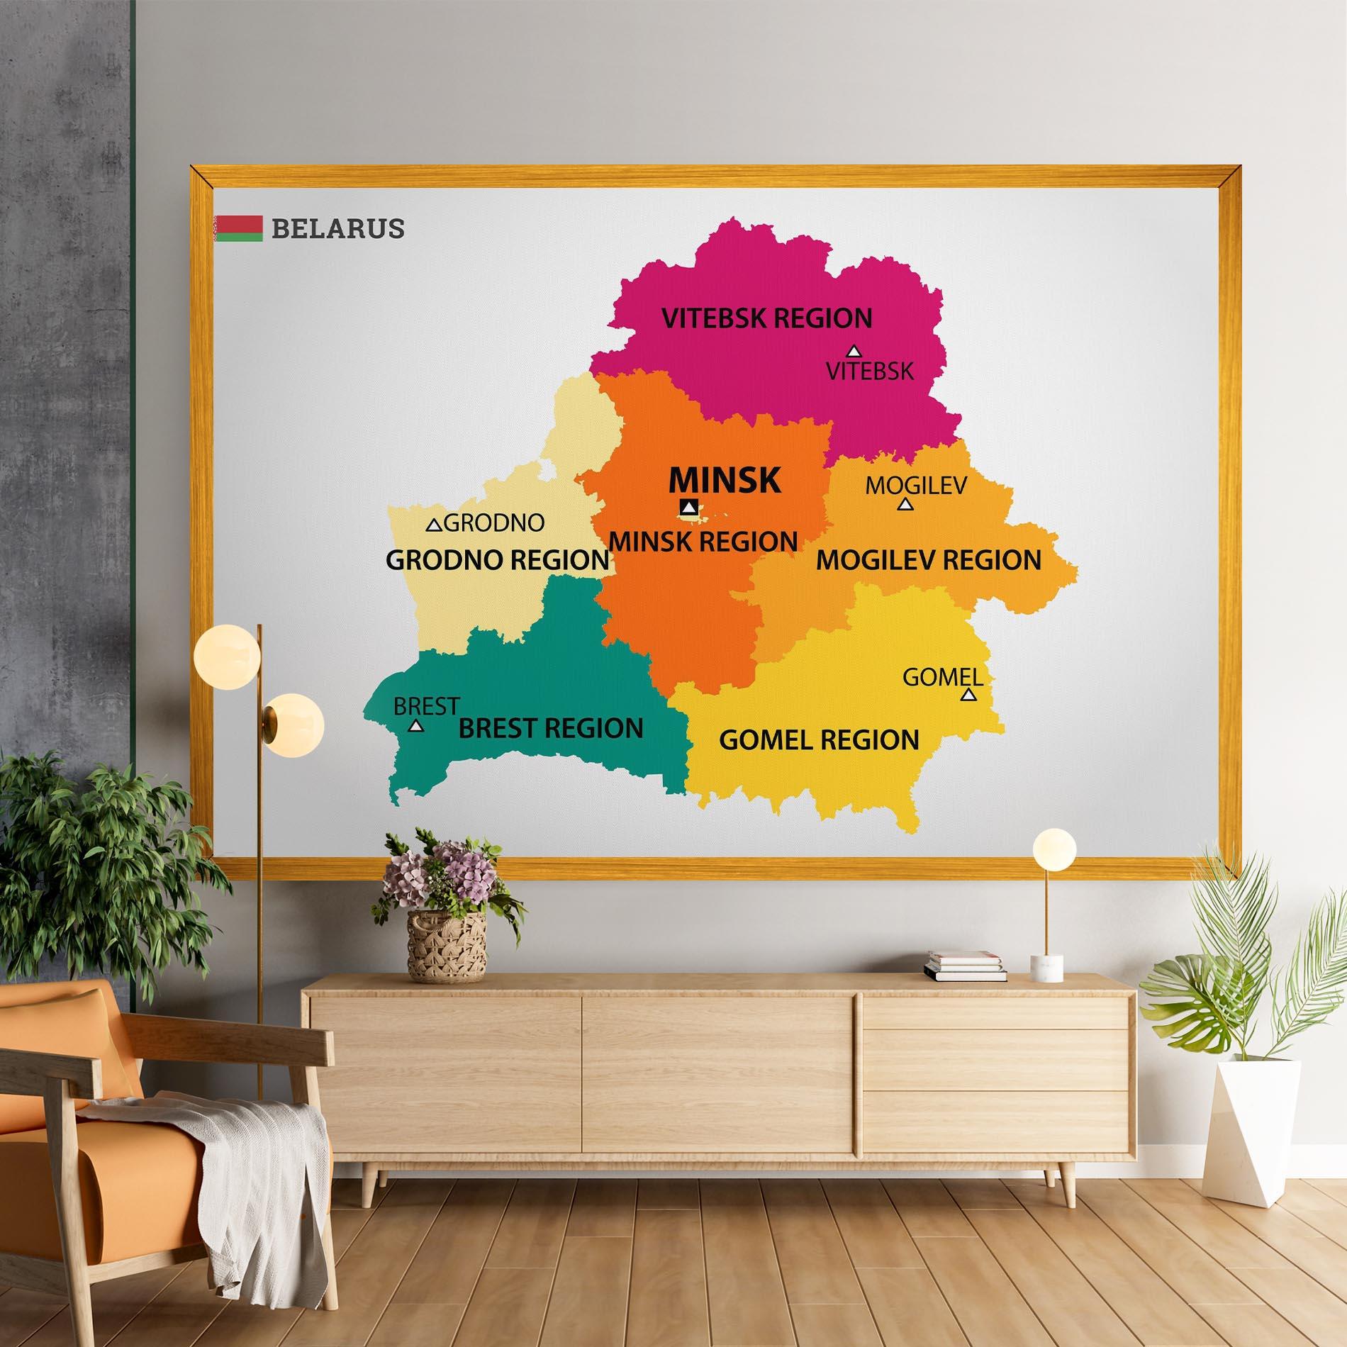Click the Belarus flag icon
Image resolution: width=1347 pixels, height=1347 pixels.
238,228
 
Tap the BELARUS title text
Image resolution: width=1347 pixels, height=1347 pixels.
337,228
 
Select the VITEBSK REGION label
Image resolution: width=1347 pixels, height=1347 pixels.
766,318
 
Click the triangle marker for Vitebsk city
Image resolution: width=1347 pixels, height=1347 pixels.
854,351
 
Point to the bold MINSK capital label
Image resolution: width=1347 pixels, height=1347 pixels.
725,480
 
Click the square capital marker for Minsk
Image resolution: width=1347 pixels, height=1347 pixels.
688,507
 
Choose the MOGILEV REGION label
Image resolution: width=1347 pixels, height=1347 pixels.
929,560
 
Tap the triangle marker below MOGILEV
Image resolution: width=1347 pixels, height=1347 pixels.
905,504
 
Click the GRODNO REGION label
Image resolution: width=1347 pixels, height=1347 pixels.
497,560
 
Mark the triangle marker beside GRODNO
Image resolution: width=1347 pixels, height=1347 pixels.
433,525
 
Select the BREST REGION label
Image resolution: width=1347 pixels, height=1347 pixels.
551,728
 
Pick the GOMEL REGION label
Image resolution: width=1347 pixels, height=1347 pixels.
819,740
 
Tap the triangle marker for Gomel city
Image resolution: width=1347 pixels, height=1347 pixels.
968,695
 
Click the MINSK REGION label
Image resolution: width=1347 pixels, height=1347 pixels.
703,542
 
